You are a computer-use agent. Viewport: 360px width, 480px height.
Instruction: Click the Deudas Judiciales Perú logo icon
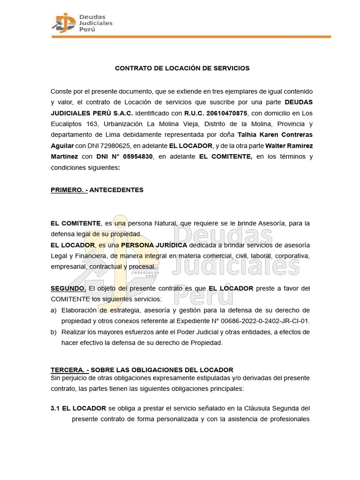[63, 22]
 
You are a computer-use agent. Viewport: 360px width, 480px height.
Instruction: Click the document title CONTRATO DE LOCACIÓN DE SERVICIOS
[182, 68]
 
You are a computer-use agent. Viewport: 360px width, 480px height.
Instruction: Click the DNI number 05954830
[136, 157]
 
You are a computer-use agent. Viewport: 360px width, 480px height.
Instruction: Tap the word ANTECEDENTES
[116, 190]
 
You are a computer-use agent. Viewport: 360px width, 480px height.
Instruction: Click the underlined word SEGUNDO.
[68, 288]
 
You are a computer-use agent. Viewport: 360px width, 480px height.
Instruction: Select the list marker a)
[54, 310]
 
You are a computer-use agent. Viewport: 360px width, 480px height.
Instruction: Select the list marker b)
[54, 332]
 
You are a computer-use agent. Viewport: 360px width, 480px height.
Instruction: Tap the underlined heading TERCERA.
[69, 370]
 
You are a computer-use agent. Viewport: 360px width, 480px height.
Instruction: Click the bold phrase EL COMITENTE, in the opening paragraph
[226, 157]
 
